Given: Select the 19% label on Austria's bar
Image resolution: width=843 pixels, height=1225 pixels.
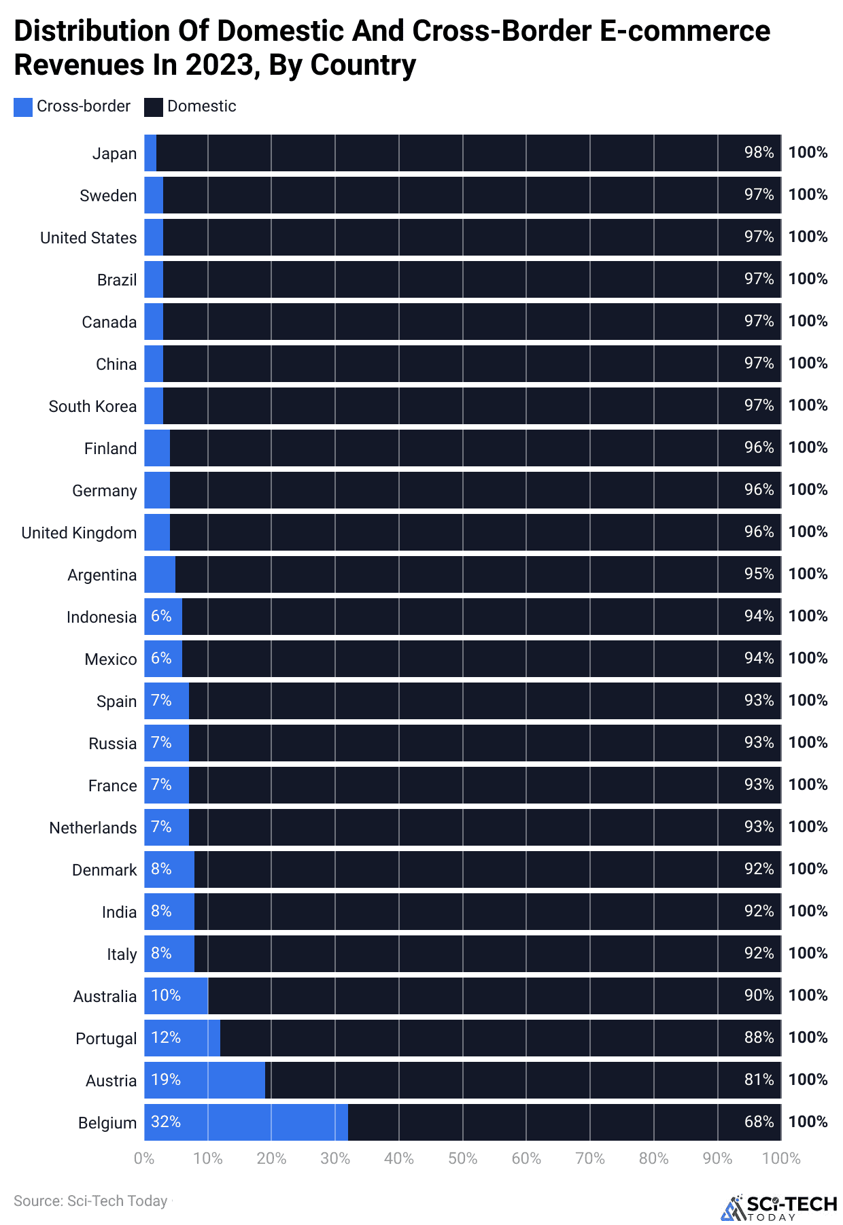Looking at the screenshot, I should tap(166, 1080).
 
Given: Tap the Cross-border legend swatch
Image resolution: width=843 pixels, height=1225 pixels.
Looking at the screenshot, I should tap(23, 107).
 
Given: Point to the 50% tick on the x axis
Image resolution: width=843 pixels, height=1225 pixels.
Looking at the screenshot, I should tap(462, 1158).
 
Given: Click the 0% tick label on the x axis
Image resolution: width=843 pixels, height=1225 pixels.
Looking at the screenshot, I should tap(144, 1158).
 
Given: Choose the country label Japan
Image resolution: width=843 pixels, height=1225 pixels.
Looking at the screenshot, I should tap(114, 154).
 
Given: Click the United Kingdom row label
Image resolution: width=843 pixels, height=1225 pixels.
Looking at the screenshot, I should tap(79, 533).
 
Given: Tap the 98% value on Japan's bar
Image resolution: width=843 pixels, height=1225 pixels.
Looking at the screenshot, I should tap(759, 152).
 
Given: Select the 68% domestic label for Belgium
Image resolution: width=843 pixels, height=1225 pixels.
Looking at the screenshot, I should tap(759, 1122).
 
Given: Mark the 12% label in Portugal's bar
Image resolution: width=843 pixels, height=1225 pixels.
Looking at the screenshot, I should tap(166, 1037).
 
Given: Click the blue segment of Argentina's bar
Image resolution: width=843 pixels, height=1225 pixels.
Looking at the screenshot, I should tap(160, 574).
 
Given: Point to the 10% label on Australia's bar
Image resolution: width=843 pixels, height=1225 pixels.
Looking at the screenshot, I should tap(166, 995).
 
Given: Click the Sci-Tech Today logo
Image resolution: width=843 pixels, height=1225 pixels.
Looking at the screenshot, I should tap(779, 1207).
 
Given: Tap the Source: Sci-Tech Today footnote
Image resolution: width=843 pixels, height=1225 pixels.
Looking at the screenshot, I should tap(90, 1201).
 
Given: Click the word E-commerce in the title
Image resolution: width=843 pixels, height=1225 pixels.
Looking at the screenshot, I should tap(685, 31).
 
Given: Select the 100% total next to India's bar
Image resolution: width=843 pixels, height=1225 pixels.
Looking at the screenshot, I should tap(808, 911).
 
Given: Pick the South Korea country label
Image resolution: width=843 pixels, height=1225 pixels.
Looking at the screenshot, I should tap(92, 407).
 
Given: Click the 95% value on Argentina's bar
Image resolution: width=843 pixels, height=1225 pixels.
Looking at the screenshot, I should tap(759, 574).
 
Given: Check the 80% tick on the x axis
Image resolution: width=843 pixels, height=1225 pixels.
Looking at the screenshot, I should tap(653, 1158).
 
